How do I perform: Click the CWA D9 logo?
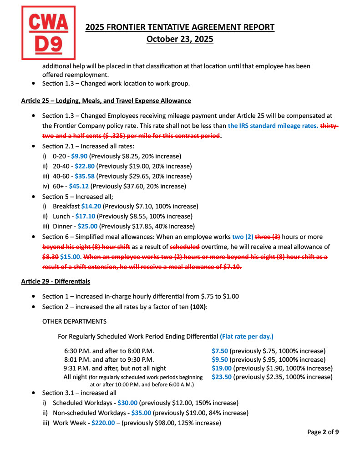[48, 33]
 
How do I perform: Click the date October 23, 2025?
[180, 39]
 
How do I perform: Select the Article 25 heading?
[106, 101]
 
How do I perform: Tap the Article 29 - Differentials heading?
[56, 281]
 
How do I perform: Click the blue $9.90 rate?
[79, 156]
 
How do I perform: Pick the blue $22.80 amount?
[85, 166]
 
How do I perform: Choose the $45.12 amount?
[80, 186]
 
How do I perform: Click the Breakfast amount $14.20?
[91, 206]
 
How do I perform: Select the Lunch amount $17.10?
[85, 216]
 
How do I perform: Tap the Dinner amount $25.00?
[87, 226]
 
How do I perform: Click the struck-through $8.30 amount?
[50, 256]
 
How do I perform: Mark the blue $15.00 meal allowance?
[70, 256]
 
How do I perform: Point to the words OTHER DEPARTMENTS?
[74, 321]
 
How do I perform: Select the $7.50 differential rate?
[220, 351]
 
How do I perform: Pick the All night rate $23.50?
[222, 377]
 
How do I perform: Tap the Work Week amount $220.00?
[103, 423]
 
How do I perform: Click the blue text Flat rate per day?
[247, 337]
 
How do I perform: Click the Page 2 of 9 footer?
[323, 432]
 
